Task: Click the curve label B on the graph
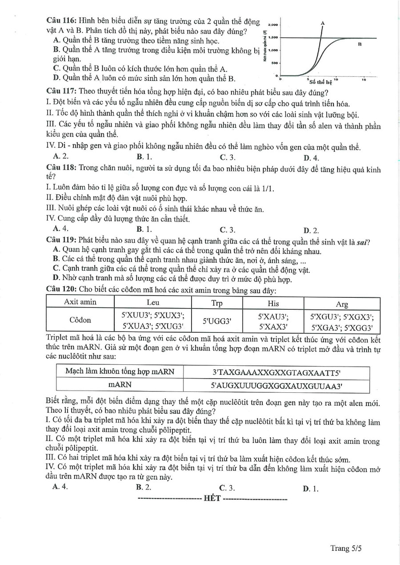pyautogui.click(x=359, y=44)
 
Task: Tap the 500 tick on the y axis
pyautogui.click(x=274, y=63)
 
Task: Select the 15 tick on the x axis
pyautogui.click(x=364, y=80)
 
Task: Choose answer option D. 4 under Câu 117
pyautogui.click(x=311, y=158)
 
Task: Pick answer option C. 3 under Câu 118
pyautogui.click(x=228, y=229)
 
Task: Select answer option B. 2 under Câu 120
pyautogui.click(x=144, y=487)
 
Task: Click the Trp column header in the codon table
pyautogui.click(x=217, y=304)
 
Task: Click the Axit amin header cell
pyautogui.click(x=80, y=302)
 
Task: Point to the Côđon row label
pyautogui.click(x=80, y=320)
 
